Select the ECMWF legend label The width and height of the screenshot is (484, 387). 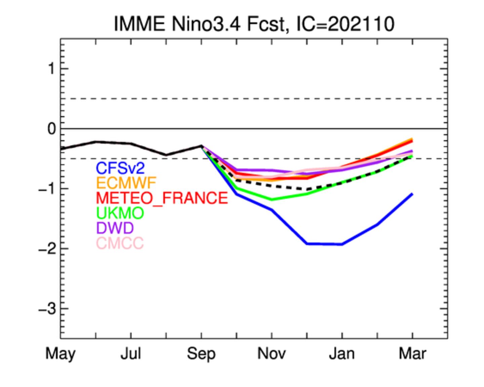(x=126, y=183)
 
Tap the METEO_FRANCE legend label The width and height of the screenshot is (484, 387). (x=162, y=198)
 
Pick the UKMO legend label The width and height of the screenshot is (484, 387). (x=120, y=213)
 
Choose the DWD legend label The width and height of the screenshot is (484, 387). (x=115, y=228)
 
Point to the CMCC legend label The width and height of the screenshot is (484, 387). (x=120, y=243)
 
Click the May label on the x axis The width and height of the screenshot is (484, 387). (x=61, y=354)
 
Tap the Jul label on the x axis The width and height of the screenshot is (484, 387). (x=131, y=354)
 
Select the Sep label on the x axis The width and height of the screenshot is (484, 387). (x=201, y=354)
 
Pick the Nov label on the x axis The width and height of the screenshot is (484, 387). (x=272, y=354)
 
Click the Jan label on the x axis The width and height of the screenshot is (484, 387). (x=342, y=354)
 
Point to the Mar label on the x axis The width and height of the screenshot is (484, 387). (x=412, y=354)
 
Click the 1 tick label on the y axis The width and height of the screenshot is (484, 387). (x=51, y=69)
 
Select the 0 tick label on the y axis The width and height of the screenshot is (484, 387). (x=51, y=129)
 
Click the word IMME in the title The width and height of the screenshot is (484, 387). (x=140, y=24)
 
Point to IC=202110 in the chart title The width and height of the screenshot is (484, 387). (x=345, y=24)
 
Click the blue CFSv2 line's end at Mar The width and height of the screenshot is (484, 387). (x=412, y=194)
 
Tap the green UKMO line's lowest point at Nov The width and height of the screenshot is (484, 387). (x=272, y=200)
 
